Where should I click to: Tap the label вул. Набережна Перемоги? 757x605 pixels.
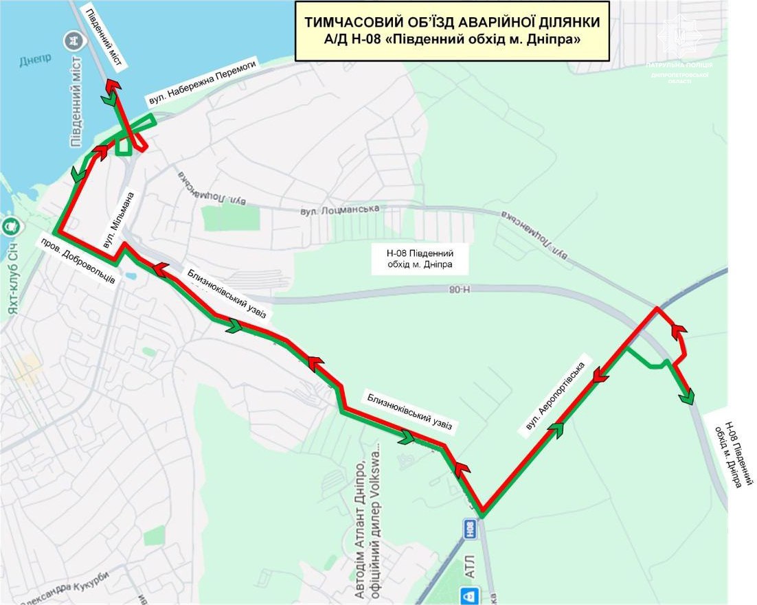tap(203, 82)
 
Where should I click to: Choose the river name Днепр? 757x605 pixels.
tap(34, 60)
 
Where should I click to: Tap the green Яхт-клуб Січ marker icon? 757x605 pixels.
tap(11, 225)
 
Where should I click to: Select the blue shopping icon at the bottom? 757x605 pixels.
tap(470, 595)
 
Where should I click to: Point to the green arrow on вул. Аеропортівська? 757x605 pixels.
tap(556, 430)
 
